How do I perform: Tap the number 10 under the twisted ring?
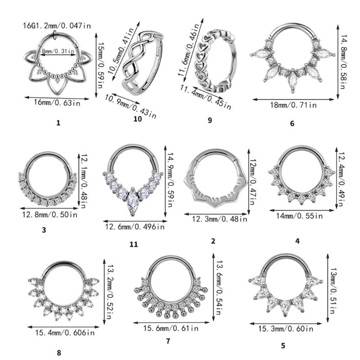138,119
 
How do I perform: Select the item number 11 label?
133,244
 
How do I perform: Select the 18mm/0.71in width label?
293,105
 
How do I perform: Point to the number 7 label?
168,341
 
